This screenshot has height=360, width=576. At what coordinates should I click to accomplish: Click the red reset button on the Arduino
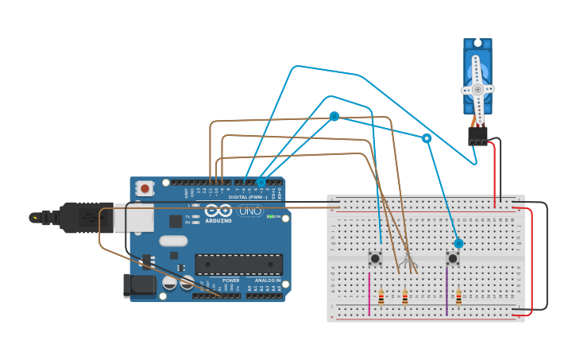point(145,188)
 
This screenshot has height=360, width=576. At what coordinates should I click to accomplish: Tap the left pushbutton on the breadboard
point(375,257)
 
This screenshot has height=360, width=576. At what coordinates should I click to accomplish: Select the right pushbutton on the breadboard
point(453,257)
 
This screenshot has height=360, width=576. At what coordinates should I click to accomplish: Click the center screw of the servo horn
point(477,90)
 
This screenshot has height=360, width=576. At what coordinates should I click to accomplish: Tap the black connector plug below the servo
point(477,136)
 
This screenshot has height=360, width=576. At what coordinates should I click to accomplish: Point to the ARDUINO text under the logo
point(218,221)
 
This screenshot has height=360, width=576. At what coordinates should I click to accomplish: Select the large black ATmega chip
point(239,264)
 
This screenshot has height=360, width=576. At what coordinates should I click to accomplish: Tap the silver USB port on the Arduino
point(131,215)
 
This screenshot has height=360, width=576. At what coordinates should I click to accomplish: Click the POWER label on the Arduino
point(230,281)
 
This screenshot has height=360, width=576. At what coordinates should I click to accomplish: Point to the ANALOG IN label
point(267,281)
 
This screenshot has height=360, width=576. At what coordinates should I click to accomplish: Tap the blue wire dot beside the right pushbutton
point(458,243)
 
